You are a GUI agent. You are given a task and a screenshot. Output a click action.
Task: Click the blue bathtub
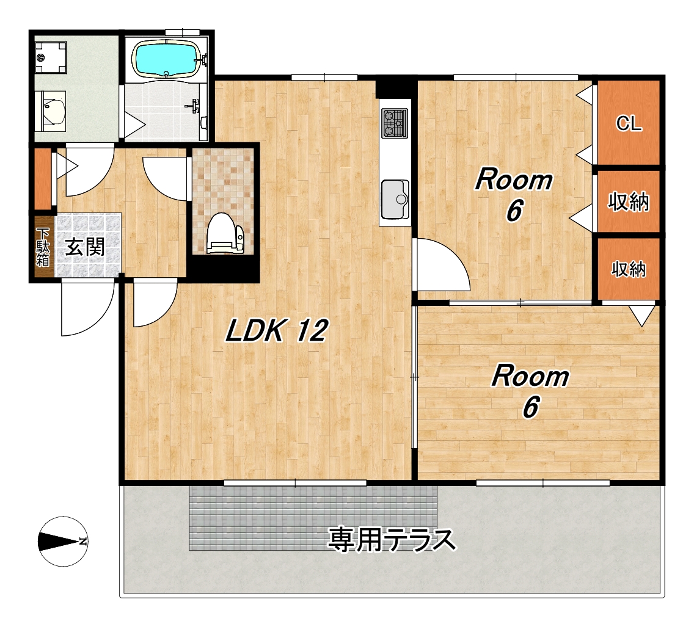coord(166,59)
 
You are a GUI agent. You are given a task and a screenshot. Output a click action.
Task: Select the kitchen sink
coord(395,199)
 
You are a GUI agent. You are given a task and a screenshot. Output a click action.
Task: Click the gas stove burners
coord(395,123)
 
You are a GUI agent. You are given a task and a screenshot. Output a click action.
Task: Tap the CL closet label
coord(629,123)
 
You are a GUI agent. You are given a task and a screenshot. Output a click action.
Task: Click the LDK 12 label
coord(277,330)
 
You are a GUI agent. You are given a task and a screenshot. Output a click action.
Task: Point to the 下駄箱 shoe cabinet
coord(43,247)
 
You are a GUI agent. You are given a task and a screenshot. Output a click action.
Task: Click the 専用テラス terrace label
coord(392,540)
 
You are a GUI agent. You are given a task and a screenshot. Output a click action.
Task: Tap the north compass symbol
coord(63,542)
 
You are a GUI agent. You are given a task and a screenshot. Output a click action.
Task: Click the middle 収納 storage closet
coord(629,201)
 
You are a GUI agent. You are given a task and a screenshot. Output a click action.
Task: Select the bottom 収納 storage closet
coord(629,269)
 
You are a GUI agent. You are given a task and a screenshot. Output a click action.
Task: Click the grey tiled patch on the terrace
coord(313,517)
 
